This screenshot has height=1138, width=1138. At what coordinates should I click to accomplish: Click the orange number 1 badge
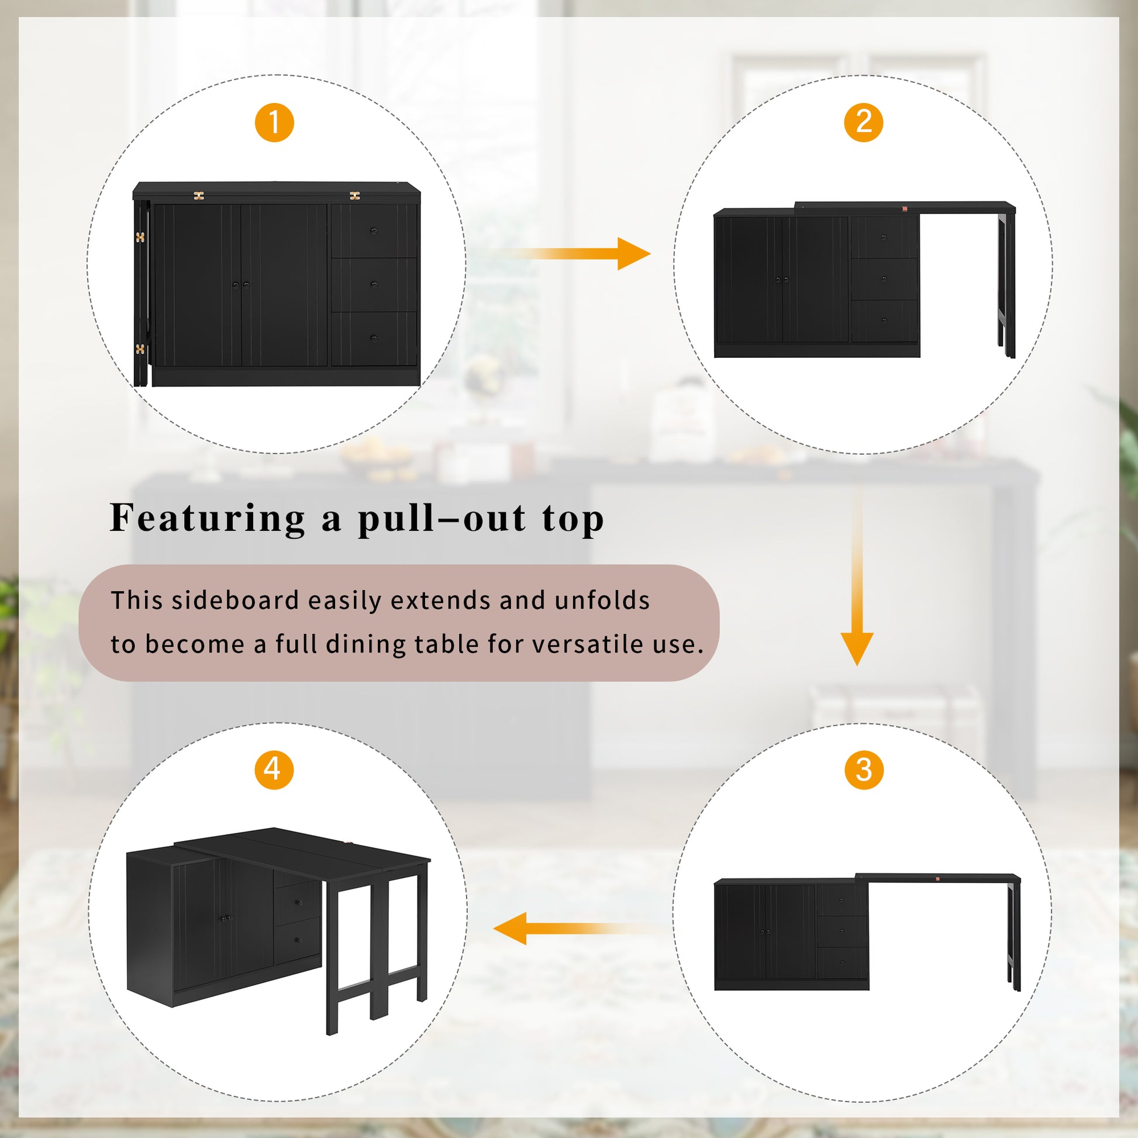click(274, 123)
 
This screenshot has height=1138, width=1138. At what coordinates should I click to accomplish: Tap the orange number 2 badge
click(863, 123)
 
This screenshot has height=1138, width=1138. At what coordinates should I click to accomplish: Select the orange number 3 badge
click(864, 770)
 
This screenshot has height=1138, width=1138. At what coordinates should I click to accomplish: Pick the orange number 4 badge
click(274, 769)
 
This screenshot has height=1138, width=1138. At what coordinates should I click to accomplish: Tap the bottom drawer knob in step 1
click(374, 339)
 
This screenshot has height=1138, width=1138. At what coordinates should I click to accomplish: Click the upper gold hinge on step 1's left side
click(140, 237)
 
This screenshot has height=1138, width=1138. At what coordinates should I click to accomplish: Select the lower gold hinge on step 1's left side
click(140, 349)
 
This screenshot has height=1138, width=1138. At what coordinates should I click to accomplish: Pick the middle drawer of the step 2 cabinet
click(884, 278)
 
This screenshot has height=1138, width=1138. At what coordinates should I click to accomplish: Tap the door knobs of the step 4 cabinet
click(225, 918)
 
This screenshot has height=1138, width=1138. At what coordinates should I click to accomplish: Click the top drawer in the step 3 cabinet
click(842, 901)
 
